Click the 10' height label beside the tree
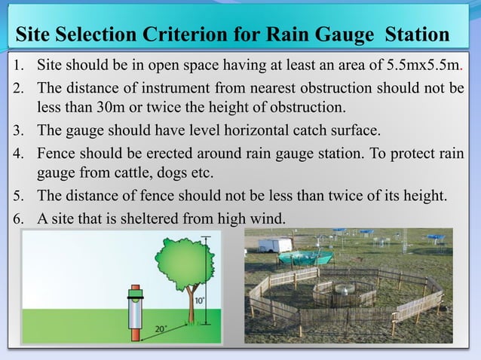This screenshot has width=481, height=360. pyautogui.click(x=198, y=300)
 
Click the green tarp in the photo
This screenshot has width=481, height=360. pyautogui.click(x=299, y=258)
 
